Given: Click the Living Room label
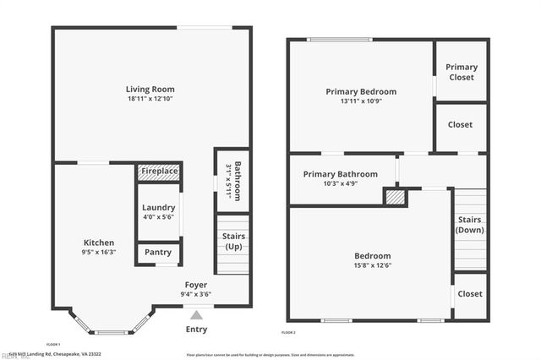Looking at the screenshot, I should pyautogui.click(x=150, y=89).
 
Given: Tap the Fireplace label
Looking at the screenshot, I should pyautogui.click(x=159, y=172).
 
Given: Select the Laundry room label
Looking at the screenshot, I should pyautogui.click(x=158, y=208).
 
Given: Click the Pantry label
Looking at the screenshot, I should pyautogui.click(x=158, y=252).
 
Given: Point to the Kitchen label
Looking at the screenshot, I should pyautogui.click(x=99, y=243).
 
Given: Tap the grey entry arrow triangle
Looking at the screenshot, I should pyautogui.click(x=196, y=314).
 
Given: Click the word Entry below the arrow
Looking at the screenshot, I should pyautogui.click(x=196, y=330).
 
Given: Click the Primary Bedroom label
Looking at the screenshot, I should pyautogui.click(x=361, y=91).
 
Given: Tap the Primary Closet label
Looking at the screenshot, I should pyautogui.click(x=462, y=72).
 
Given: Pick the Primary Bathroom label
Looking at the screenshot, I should pyautogui.click(x=341, y=174).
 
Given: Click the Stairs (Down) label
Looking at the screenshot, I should pyautogui.click(x=471, y=225).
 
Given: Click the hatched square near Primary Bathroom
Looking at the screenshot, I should pyautogui.click(x=394, y=197).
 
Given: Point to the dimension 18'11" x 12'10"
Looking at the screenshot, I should pyautogui.click(x=150, y=100).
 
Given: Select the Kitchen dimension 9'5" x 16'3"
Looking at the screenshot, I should pyautogui.click(x=99, y=253).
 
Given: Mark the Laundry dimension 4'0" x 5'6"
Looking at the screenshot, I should pyautogui.click(x=158, y=218).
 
